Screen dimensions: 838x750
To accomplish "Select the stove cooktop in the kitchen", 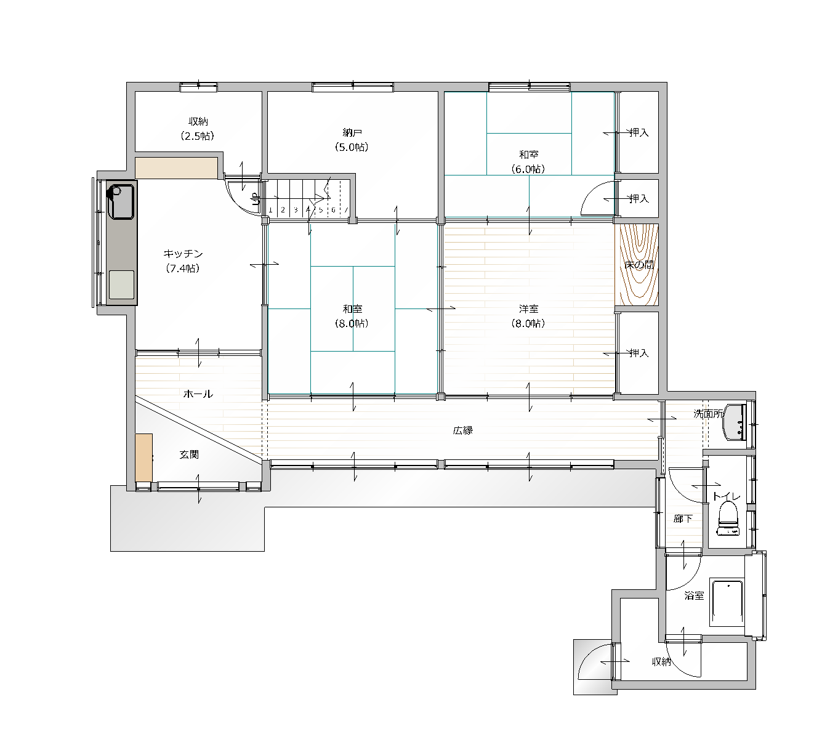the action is (x=121, y=284).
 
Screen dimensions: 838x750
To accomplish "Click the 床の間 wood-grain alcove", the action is (x=636, y=265).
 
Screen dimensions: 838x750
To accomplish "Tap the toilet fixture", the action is (x=728, y=518).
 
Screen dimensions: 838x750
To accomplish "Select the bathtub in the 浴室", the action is (x=727, y=603).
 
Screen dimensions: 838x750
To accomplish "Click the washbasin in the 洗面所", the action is (x=735, y=422).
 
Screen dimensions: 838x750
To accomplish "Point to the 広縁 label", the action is (x=462, y=430).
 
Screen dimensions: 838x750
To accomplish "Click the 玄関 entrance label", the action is (x=189, y=454).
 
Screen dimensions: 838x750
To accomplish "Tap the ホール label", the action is (x=198, y=394).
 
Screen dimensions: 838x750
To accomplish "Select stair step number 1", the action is (x=270, y=210).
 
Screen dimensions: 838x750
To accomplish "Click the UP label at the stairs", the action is (x=256, y=199).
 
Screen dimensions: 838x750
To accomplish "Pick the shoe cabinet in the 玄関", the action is (x=144, y=458).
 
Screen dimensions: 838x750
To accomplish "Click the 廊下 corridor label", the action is (x=682, y=518).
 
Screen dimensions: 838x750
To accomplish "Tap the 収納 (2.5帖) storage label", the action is (x=197, y=129).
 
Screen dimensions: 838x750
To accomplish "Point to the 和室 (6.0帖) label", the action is (x=528, y=162).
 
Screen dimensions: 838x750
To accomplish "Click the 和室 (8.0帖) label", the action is (x=352, y=316).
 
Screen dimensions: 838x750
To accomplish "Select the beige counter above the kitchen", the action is (x=177, y=168).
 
